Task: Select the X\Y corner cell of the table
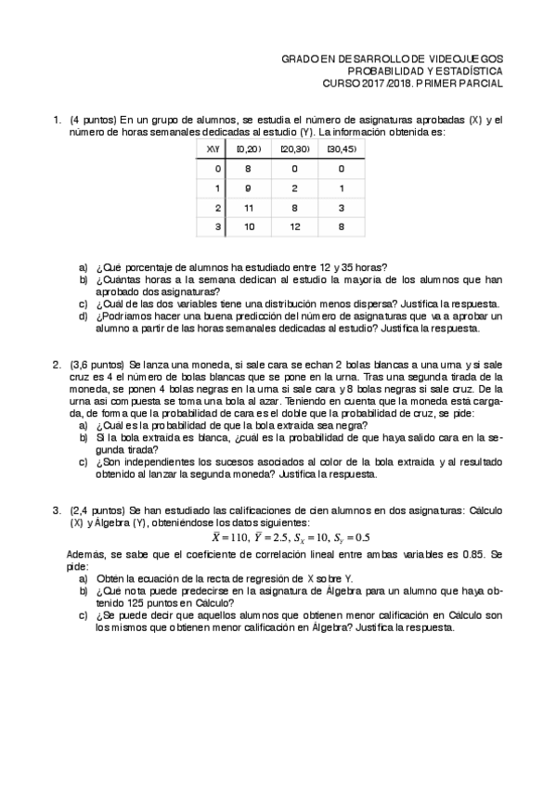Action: pos(213,149)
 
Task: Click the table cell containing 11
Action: pos(248,207)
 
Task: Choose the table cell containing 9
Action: pos(248,188)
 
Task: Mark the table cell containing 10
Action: pos(248,226)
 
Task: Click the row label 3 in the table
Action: pos(217,226)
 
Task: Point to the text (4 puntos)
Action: pos(93,121)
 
